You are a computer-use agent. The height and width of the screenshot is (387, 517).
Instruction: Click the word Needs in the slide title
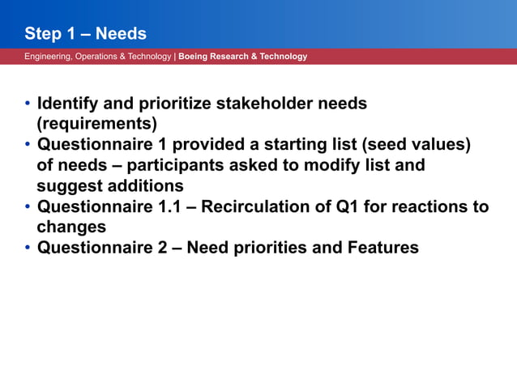pos(121,34)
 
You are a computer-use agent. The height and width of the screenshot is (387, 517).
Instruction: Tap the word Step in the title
pos(43,34)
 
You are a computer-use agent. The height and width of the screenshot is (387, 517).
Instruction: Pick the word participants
pos(169,165)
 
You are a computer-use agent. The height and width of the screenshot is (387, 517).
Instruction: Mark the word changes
pos(71,227)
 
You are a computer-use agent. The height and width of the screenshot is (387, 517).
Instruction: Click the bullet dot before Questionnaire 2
pos(28,247)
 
